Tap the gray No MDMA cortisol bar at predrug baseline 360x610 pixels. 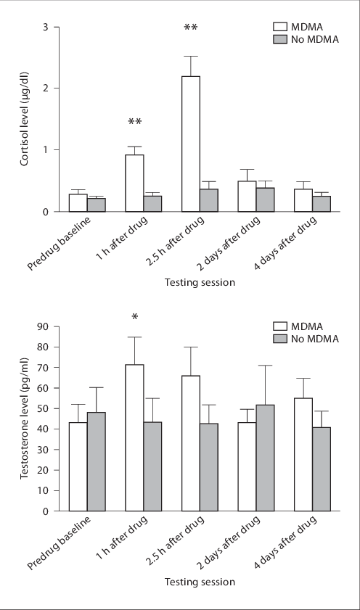coord(96,205)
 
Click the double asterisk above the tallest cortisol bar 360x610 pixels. coord(191,28)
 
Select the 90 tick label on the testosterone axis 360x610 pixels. coord(45,326)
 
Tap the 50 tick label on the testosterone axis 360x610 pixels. coord(45,408)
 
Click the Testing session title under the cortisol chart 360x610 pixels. coord(200,282)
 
